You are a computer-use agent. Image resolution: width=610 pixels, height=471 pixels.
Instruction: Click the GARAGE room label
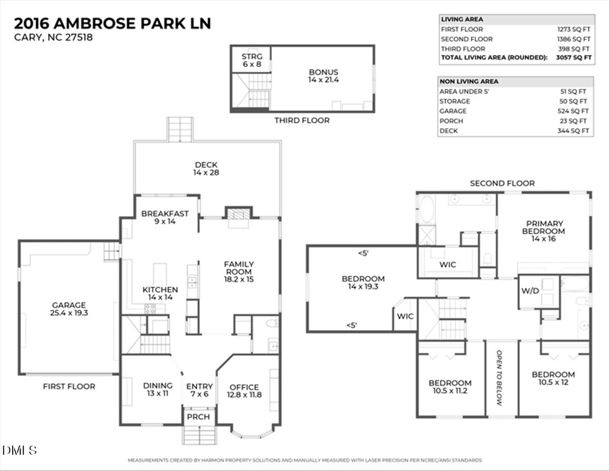(68, 309)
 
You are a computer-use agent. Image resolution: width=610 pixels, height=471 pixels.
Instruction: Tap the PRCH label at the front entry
(199, 417)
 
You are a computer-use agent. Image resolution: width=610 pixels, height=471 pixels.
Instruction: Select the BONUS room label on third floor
(323, 76)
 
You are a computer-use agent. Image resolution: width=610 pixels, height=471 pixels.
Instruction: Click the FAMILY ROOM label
(239, 271)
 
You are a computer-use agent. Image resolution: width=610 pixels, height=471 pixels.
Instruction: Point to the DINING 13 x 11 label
(157, 390)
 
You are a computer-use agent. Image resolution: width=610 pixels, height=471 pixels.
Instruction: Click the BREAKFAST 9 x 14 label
(165, 217)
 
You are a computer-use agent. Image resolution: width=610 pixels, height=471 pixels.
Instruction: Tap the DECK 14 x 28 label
(206, 169)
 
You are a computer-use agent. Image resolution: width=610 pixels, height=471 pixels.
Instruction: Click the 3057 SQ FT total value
(575, 58)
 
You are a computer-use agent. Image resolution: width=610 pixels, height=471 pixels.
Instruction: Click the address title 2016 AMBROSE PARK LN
(113, 23)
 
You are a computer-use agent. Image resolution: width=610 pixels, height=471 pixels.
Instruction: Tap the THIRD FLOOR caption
(302, 121)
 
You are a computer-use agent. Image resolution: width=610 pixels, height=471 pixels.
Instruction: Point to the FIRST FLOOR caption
(69, 386)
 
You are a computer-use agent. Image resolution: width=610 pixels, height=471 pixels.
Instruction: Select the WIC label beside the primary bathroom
(447, 264)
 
